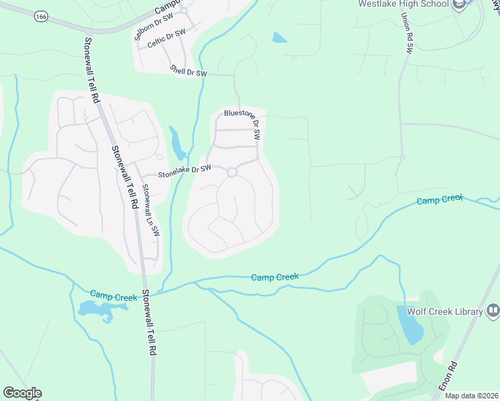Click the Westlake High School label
click(402, 4)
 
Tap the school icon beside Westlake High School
click(459, 4)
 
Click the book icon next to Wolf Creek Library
click(493, 311)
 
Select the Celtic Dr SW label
click(166, 41)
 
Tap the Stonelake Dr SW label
click(184, 171)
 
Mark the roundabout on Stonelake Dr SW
click(232, 172)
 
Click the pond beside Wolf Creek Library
click(410, 323)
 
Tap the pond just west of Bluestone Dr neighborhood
click(176, 142)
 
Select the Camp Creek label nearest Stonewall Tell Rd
click(114, 295)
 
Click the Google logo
click(22, 393)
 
